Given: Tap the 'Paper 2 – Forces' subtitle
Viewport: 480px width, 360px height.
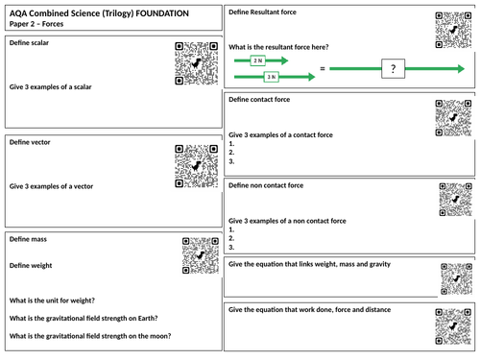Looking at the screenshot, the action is (36, 24).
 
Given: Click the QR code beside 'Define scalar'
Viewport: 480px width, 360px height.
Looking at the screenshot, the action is (197, 63).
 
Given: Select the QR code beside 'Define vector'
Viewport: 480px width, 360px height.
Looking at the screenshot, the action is (197, 166).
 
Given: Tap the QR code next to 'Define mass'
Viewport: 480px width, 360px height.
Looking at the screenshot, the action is (201, 255).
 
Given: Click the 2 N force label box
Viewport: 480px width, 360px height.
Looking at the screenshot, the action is (257, 60).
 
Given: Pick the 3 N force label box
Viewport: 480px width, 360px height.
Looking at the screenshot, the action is (271, 77).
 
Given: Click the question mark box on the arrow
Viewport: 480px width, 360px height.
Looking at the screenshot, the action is (393, 68).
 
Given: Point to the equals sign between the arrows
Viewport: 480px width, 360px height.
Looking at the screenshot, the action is (323, 68).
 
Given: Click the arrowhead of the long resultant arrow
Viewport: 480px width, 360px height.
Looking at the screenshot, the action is (461, 68).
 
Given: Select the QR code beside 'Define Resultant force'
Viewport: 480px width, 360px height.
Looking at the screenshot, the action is (453, 30).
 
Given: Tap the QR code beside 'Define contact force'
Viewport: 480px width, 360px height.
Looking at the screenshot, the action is (453, 118).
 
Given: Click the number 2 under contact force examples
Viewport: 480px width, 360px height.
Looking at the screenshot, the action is (231, 153).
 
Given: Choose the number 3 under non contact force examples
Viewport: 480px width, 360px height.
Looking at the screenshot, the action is (231, 247).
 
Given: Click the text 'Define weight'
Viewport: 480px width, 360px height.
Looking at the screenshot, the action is (31, 266).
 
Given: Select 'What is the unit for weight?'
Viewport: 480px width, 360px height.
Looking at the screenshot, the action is (52, 300).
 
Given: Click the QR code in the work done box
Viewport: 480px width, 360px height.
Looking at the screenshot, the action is (453, 326).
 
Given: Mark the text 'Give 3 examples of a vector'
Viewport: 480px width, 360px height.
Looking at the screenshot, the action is (51, 186).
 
